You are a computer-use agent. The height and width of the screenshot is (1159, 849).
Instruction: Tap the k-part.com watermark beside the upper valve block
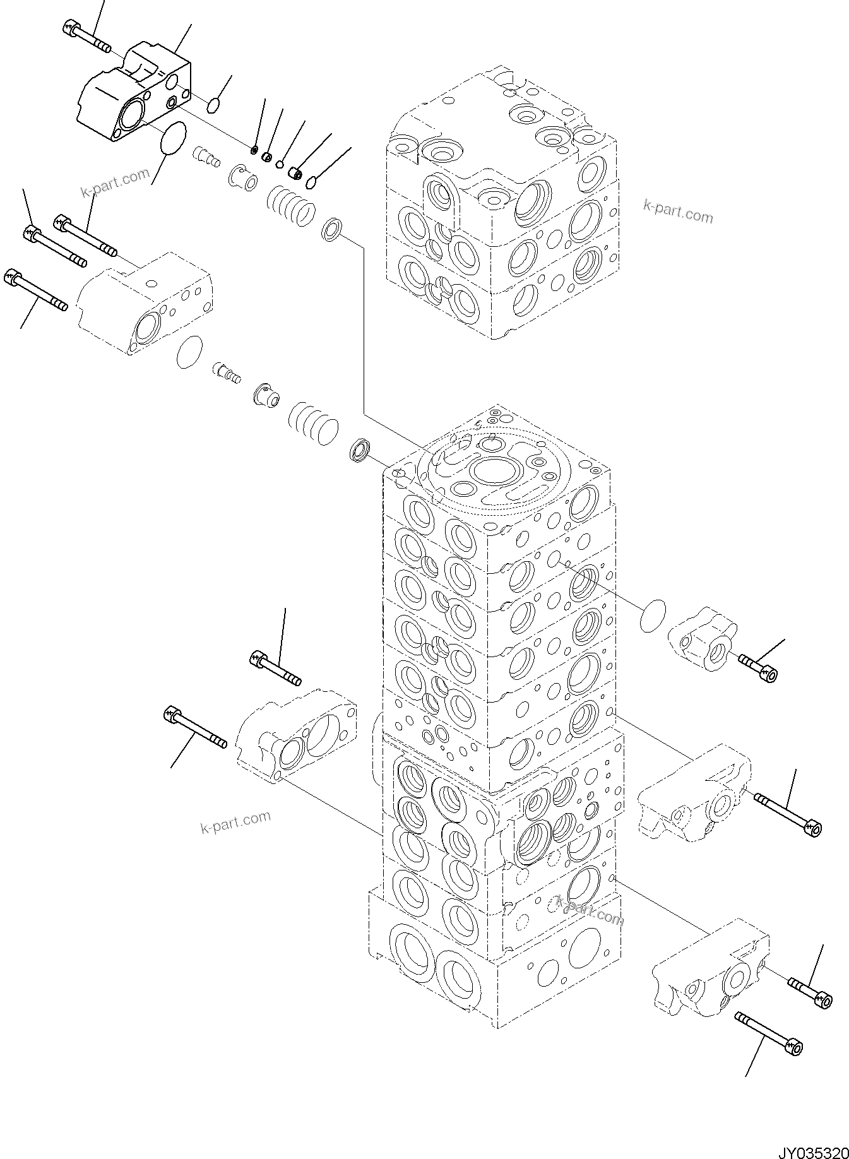click(x=678, y=211)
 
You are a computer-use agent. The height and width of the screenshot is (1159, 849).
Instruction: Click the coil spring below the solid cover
click(x=291, y=205)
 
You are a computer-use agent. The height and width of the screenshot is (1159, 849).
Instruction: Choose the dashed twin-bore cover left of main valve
click(x=295, y=736)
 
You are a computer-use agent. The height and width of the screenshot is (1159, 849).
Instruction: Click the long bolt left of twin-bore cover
click(x=194, y=728)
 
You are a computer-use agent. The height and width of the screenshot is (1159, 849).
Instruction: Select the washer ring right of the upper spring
click(x=331, y=229)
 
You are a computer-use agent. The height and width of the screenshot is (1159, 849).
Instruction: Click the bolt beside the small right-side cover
click(x=758, y=667)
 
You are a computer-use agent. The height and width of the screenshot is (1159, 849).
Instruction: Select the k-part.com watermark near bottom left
click(x=235, y=822)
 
